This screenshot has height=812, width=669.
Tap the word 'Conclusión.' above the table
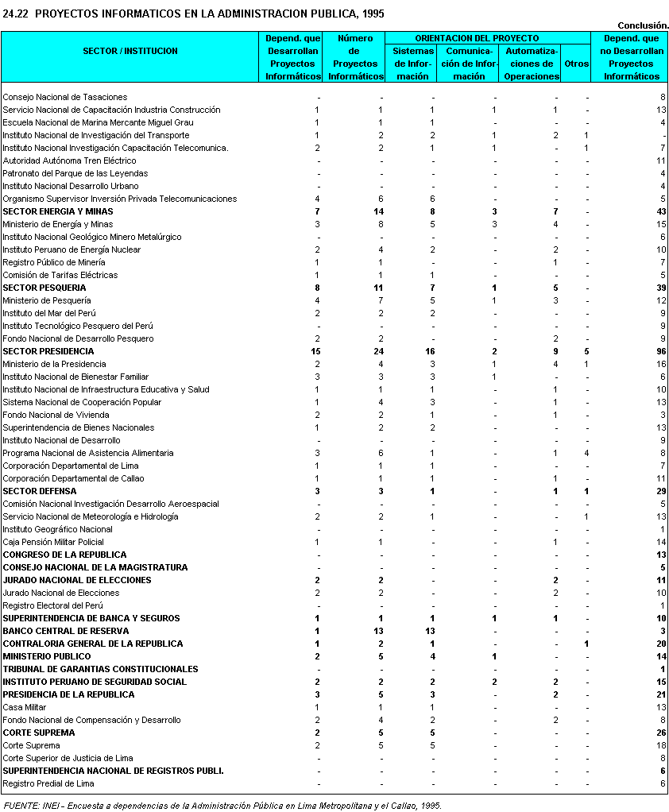pyautogui.click(x=643, y=25)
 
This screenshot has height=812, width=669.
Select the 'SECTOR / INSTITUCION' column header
pyautogui.click(x=130, y=51)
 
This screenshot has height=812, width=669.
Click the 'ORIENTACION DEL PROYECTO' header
pyautogui.click(x=488, y=38)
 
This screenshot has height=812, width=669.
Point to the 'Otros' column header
pyautogui.click(x=575, y=64)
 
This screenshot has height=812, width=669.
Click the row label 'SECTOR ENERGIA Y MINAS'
pyautogui.click(x=58, y=211)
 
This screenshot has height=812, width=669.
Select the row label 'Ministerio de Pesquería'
pyautogui.click(x=47, y=300)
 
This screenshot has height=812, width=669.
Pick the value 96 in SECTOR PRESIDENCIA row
pyautogui.click(x=659, y=351)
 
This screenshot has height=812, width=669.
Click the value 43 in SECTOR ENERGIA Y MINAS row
pyautogui.click(x=659, y=211)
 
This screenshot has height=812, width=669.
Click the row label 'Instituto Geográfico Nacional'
pyautogui.click(x=57, y=529)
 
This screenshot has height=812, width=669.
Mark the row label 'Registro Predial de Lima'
pyautogui.click(x=48, y=783)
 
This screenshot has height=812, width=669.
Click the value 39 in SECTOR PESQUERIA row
pyautogui.click(x=659, y=288)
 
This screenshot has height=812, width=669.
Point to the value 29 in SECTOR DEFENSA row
pyautogui.click(x=659, y=491)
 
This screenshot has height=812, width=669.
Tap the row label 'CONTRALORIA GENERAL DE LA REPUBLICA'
pyautogui.click(x=93, y=644)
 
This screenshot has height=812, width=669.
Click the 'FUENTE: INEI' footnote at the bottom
pyautogui.click(x=222, y=805)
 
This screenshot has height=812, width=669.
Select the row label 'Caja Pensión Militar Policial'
pyautogui.click(x=53, y=542)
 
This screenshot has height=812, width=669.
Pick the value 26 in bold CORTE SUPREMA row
pyautogui.click(x=659, y=733)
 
